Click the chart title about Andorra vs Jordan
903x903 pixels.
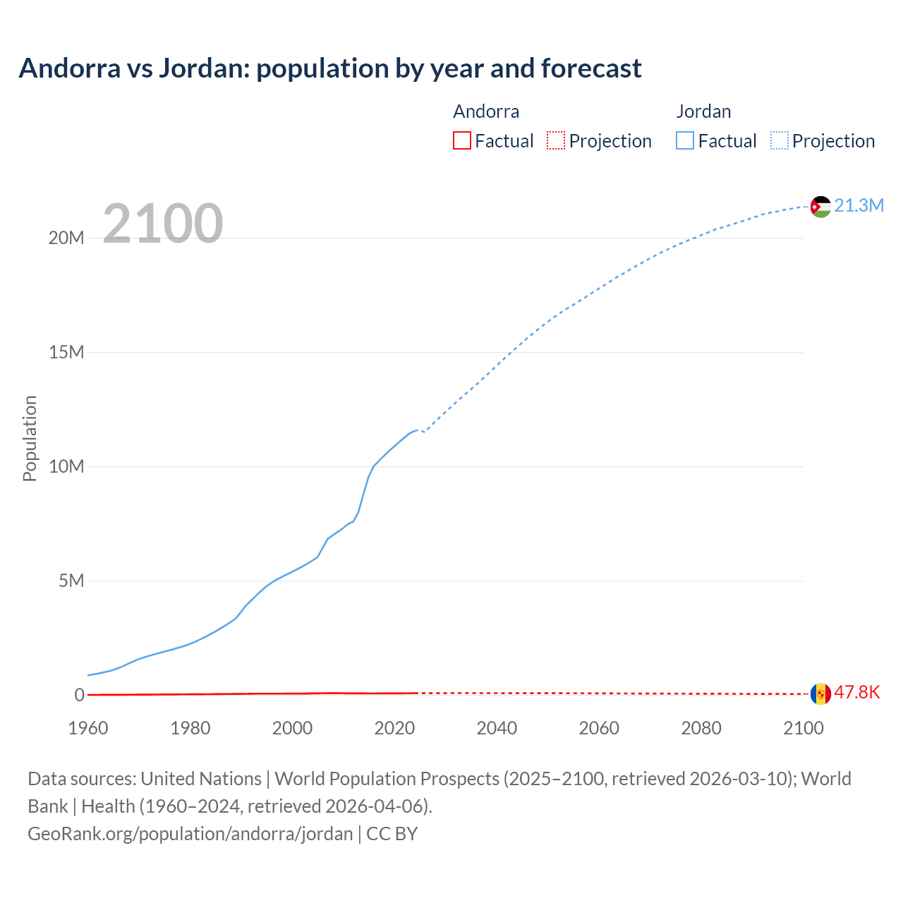point(330,68)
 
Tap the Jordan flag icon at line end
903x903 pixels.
point(820,206)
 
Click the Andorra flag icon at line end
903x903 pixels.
point(820,693)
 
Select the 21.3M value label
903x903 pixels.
point(859,205)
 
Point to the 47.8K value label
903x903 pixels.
point(857,692)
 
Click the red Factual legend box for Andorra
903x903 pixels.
point(461,140)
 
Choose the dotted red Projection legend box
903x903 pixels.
point(556,140)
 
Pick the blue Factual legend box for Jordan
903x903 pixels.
point(685,140)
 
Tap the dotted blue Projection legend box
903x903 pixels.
point(780,140)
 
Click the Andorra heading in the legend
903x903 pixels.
point(486,111)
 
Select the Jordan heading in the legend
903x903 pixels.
point(703,111)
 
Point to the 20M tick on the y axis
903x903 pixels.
point(66,238)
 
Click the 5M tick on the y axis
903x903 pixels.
point(71,581)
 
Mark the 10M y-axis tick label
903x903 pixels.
point(66,466)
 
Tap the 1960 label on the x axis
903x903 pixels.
point(88,728)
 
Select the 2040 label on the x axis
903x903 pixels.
point(497,728)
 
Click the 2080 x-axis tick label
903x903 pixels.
point(701,728)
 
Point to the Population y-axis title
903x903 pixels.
point(30,438)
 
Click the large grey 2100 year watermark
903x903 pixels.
point(163,224)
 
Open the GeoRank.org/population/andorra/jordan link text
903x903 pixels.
point(190,834)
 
